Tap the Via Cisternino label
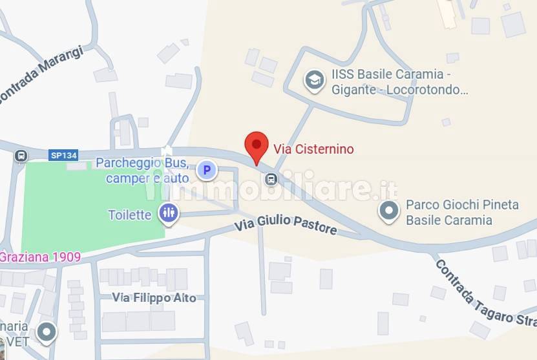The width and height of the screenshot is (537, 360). (x=313, y=149)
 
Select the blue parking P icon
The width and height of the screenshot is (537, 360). (x=207, y=171)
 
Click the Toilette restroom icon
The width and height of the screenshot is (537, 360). (x=169, y=212)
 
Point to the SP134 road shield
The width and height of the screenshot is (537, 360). (x=63, y=155)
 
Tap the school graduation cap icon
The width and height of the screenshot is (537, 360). (x=315, y=81)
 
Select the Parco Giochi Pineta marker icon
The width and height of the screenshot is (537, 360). (x=388, y=211)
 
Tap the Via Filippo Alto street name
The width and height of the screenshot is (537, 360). (x=154, y=298)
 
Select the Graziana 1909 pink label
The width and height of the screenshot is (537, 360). (x=40, y=257)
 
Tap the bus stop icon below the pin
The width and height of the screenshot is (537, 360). (x=271, y=179)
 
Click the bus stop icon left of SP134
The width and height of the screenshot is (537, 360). (x=21, y=156)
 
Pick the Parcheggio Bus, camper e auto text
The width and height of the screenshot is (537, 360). (x=142, y=170)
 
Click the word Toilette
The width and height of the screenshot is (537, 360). (x=130, y=215)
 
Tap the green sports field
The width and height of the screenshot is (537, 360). (x=90, y=204)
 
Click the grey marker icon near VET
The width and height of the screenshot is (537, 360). (x=46, y=332)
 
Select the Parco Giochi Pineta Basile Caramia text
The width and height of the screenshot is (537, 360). (x=461, y=212)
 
